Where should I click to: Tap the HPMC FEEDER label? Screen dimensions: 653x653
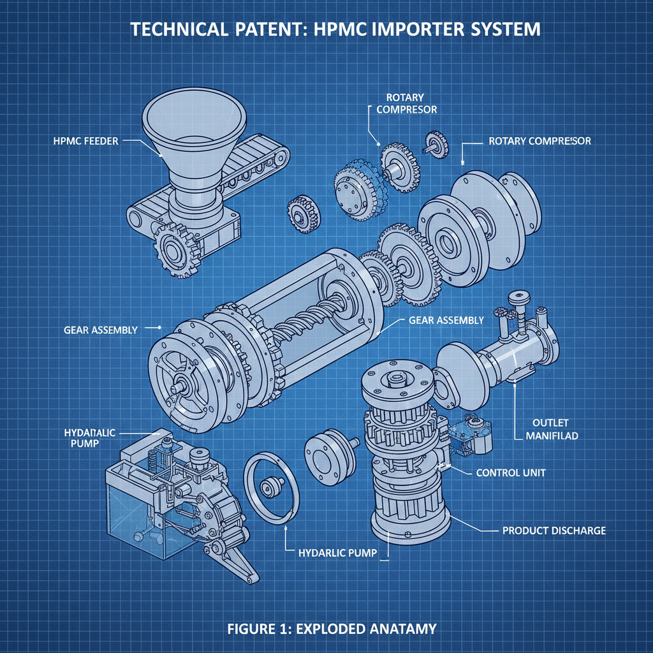pos(86,141)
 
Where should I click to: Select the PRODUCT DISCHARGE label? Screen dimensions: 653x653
pos(554,530)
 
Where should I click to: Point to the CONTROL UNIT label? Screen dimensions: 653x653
pos(511,473)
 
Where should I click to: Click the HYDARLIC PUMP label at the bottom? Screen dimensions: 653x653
pos(338,552)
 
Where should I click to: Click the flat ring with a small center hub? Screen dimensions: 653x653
pos(272,488)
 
